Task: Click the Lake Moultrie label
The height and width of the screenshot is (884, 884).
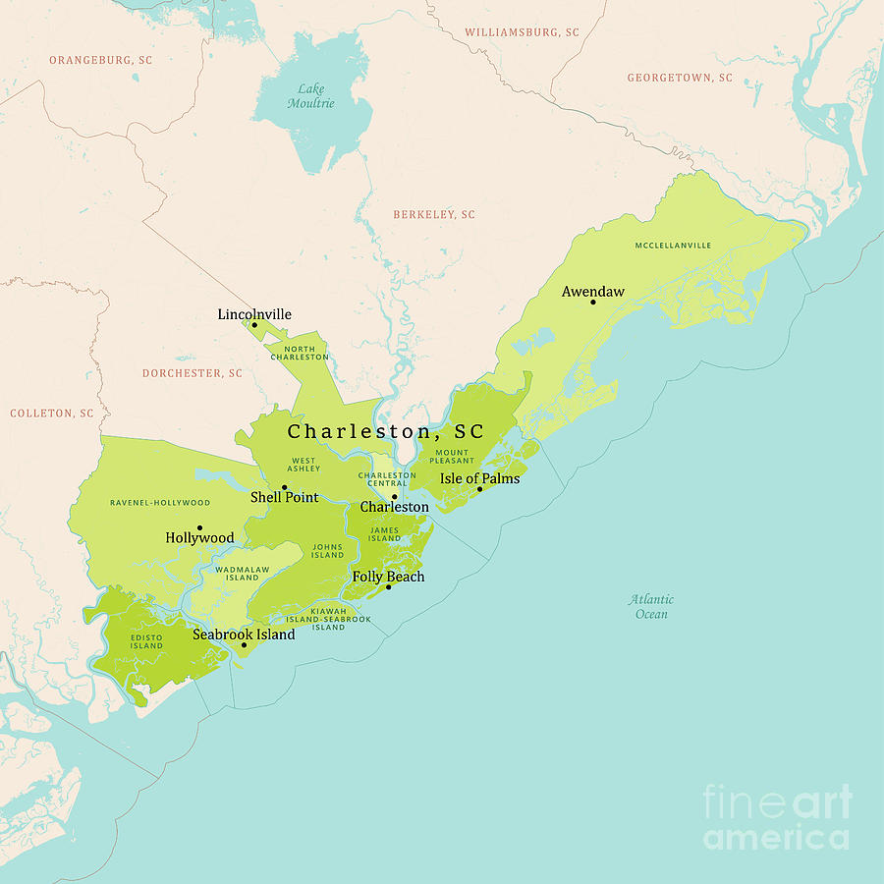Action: point(310,96)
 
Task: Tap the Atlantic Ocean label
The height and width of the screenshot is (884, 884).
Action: point(652,607)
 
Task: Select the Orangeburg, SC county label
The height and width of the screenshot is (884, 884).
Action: point(101,60)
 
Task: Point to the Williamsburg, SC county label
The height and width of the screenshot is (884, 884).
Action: point(523,32)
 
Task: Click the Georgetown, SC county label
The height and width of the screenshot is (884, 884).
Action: point(680,78)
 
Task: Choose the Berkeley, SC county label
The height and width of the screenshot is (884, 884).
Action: point(434,214)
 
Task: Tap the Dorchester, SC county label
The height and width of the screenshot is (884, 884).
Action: point(193,373)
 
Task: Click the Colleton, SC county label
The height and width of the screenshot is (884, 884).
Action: point(52,414)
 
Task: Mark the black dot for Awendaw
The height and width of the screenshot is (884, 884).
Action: point(593,302)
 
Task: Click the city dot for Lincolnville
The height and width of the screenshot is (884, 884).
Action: point(254,325)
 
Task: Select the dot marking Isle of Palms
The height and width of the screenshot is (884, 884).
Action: point(480,489)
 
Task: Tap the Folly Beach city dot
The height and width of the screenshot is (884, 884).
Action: point(389,587)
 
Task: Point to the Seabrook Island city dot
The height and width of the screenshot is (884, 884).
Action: point(245,645)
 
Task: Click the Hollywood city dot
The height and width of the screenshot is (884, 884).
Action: point(199,527)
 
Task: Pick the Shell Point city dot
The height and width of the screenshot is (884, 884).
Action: point(285,487)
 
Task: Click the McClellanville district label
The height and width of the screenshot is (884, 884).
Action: point(673,246)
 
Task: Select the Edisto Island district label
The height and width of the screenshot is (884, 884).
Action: point(147,641)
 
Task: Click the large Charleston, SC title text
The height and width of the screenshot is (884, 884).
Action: point(386,432)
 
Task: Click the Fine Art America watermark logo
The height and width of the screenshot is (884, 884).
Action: point(776,817)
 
